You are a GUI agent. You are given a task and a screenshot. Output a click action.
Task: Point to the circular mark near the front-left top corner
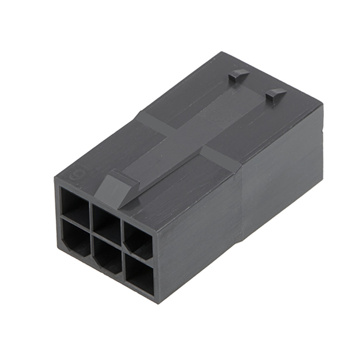click(74, 174)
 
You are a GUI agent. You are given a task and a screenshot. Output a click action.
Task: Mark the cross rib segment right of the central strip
click(222, 159)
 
